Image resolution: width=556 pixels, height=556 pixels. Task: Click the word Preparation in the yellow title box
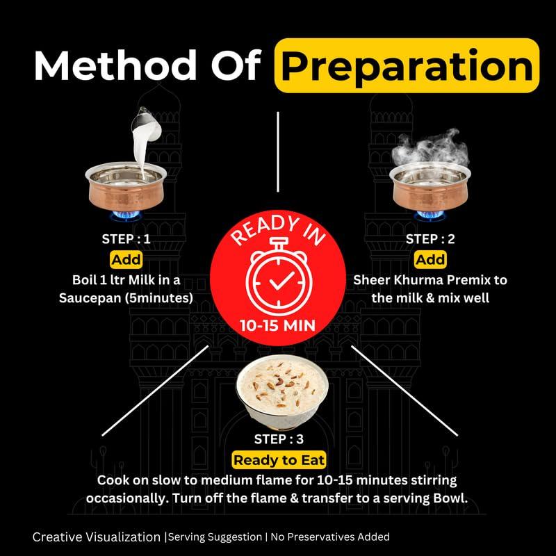(407, 66)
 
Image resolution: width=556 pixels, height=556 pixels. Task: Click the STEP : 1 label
(126, 239)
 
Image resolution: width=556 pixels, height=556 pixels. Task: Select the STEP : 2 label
(430, 239)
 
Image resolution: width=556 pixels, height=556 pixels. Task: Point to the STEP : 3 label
(279, 439)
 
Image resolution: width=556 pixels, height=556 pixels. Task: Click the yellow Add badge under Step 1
(126, 259)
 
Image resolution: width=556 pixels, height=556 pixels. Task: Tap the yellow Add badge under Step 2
(430, 259)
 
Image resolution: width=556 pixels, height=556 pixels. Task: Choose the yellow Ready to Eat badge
(279, 460)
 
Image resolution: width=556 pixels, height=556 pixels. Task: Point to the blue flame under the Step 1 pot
(126, 215)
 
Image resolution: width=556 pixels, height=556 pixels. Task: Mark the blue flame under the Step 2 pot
(430, 215)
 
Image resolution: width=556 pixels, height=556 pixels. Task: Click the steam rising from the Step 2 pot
(430, 148)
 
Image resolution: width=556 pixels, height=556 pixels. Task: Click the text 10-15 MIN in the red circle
(277, 325)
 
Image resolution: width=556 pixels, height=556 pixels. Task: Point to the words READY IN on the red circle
(278, 230)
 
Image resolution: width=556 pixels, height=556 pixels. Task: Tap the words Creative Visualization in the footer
(97, 537)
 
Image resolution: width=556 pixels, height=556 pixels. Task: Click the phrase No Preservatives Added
(330, 537)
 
